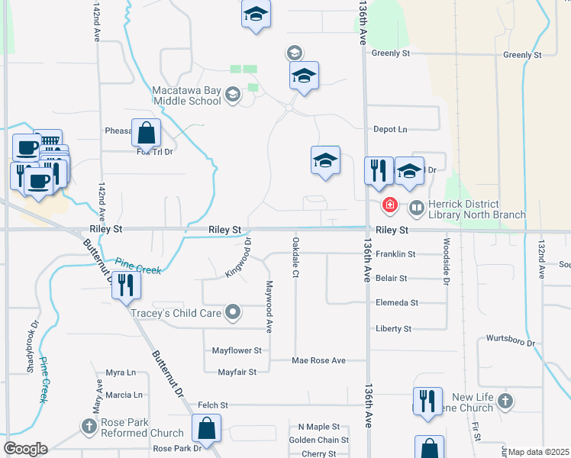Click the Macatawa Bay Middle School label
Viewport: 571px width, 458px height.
click(x=187, y=95)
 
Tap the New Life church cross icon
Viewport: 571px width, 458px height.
click(x=505, y=400)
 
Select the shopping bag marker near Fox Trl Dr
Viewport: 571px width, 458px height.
click(x=147, y=133)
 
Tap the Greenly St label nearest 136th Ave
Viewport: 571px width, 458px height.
click(x=391, y=53)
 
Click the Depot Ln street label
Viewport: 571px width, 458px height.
click(x=390, y=130)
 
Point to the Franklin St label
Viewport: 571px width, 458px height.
click(x=395, y=254)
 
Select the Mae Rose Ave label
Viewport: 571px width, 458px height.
click(x=318, y=360)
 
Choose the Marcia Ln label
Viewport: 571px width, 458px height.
click(x=124, y=395)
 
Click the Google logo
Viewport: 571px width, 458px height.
click(x=25, y=449)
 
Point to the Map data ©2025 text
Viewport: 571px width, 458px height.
click(x=539, y=452)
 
